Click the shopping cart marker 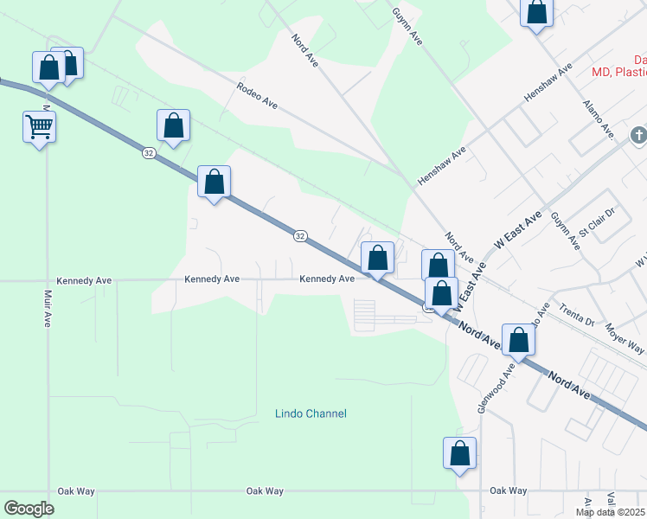39,127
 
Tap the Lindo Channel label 311,413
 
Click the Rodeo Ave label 258,95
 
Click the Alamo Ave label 598,118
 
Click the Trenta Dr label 577,315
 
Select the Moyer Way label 625,337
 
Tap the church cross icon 638,135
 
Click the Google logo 29,509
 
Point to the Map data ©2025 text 611,512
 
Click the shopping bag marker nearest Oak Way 459,453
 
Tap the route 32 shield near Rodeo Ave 150,153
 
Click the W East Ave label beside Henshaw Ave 517,229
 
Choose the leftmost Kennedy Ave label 84,280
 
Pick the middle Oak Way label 264,491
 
